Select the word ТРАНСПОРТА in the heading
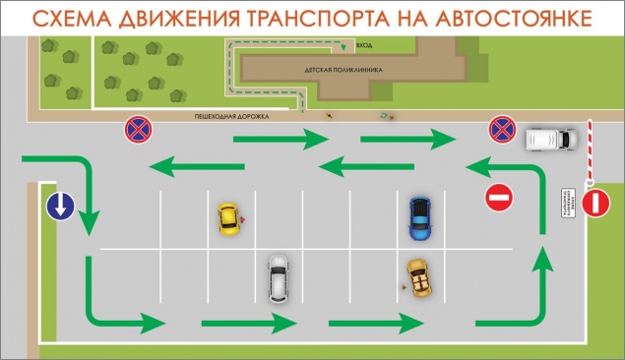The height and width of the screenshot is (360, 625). click(x=341, y=17)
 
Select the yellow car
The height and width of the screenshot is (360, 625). click(x=228, y=218)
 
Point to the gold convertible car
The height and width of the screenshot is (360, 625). click(x=420, y=277)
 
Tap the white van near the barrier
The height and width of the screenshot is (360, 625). click(x=549, y=141)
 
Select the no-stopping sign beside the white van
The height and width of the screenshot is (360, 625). click(x=503, y=129)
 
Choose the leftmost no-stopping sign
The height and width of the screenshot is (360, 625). click(x=137, y=129)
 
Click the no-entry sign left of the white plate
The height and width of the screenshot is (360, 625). click(x=499, y=198)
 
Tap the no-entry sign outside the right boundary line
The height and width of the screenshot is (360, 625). click(x=596, y=204)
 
